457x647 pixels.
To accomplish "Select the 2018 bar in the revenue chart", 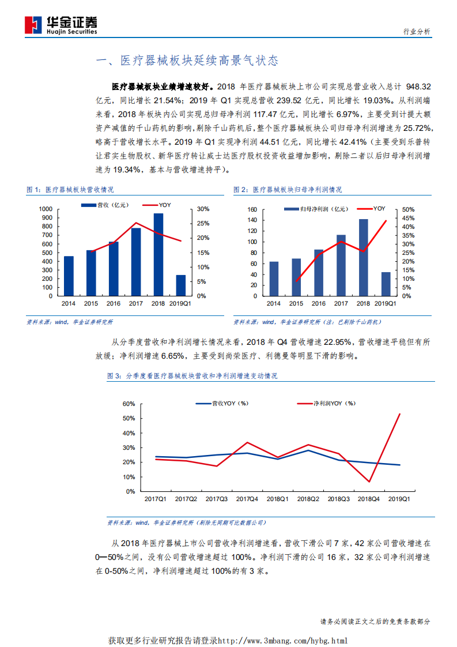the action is point(158,254).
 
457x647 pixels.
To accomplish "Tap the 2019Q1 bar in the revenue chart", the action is point(181,285).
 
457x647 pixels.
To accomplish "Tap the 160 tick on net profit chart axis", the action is point(251,209).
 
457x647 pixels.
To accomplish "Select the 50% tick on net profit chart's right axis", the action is point(407,209).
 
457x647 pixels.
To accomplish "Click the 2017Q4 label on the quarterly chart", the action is point(247,499).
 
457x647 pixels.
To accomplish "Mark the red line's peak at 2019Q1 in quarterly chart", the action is point(400,413).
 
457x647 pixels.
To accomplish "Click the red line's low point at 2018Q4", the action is point(369,482).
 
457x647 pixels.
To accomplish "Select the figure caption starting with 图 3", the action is point(192,375).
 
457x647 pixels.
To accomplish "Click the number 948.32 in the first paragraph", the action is point(419,86).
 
